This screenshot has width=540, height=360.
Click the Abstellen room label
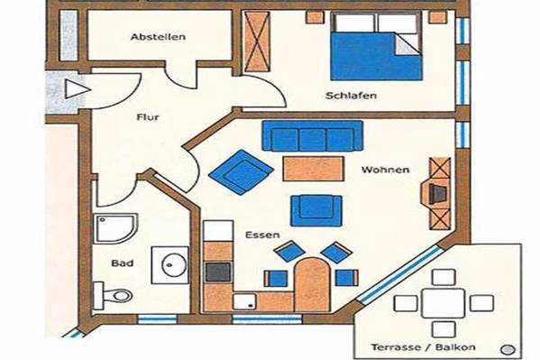tap(158, 37)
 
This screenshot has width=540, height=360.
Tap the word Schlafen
tap(351, 96)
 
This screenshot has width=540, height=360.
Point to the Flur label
tap(148, 117)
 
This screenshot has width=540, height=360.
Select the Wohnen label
tap(385, 170)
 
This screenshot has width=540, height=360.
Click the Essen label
tap(262, 235)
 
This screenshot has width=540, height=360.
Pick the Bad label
tap(123, 263)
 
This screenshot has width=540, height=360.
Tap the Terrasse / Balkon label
tap(423, 346)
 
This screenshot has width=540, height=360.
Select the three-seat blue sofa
tap(312, 136)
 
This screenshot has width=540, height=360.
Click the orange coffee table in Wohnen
tap(314, 169)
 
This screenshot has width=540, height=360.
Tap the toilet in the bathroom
tap(114, 295)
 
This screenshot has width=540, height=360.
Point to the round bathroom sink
tap(174, 265)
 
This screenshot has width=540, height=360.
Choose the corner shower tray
tap(115, 228)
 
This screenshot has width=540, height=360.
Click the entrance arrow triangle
tap(78, 90)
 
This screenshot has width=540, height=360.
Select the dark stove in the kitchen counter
tap(218, 272)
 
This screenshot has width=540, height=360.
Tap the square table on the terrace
tap(444, 303)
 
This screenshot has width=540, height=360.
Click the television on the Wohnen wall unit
tap(437, 194)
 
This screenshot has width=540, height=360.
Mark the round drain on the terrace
tap(507, 350)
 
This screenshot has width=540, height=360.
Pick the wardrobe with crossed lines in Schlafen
tap(257, 42)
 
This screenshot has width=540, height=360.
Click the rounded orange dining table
tap(312, 284)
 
